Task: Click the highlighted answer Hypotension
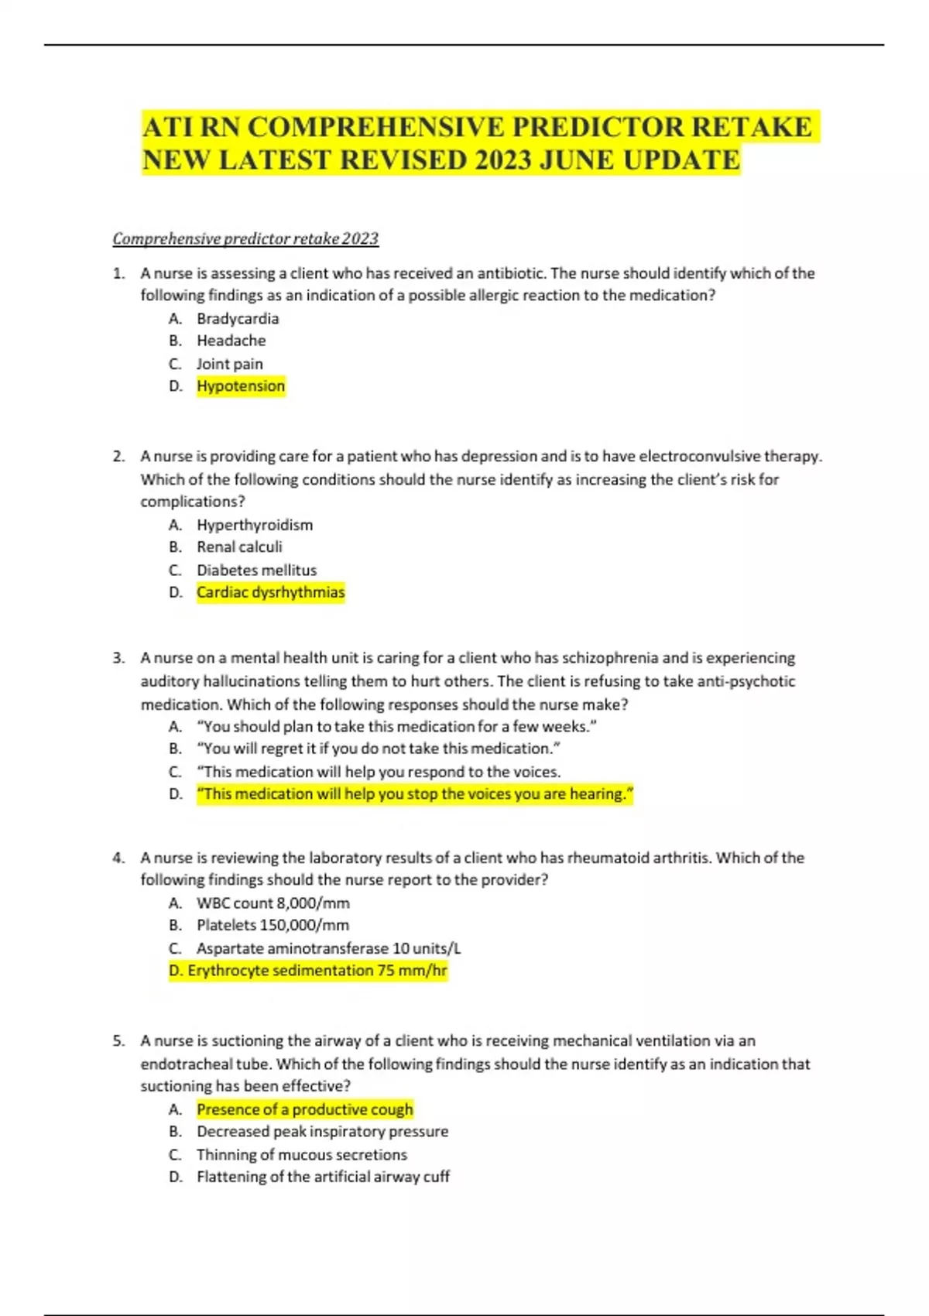pos(241,386)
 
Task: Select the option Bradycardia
pos(238,319)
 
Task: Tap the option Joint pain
pos(229,364)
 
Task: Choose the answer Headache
pos(231,341)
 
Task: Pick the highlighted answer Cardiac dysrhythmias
pos(270,592)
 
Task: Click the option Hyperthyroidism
pos(255,525)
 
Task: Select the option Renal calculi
pos(239,547)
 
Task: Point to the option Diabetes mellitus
pos(256,571)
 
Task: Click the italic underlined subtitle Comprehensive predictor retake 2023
pos(245,238)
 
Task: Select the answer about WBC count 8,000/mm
pos(273,903)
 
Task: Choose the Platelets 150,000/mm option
pos(273,925)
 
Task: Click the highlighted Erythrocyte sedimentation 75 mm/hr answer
pos(308,971)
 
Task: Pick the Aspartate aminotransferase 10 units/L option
pos(328,948)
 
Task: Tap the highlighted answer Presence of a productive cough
pos(304,1109)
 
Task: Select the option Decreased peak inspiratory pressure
pos(322,1132)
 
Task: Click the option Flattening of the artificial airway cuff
pos(323,1177)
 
